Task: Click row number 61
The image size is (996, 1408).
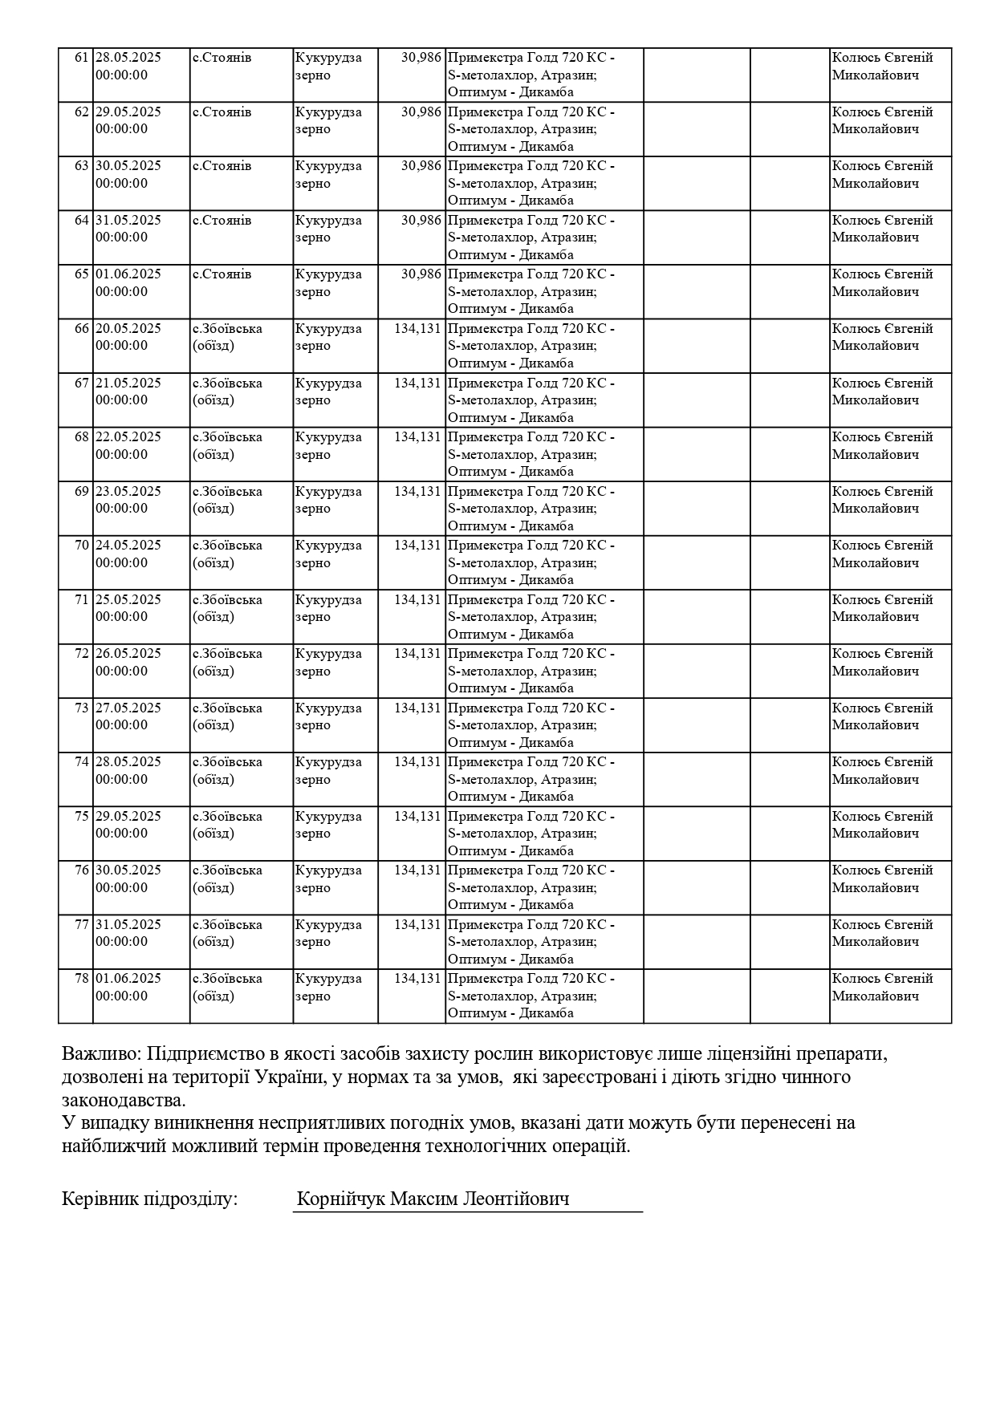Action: click(81, 58)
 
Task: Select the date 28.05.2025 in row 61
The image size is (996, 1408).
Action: click(128, 58)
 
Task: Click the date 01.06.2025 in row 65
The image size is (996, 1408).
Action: click(128, 274)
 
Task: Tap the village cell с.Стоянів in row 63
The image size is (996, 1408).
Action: click(222, 166)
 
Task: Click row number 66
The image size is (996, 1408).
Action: click(81, 329)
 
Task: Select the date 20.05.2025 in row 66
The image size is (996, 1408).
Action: click(128, 329)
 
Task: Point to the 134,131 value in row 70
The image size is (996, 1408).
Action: click(417, 546)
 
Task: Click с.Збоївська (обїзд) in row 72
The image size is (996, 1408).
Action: click(227, 662)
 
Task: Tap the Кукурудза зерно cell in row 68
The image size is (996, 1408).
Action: click(328, 445)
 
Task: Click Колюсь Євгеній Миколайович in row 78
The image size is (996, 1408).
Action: click(882, 987)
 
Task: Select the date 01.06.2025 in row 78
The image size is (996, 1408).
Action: click(128, 979)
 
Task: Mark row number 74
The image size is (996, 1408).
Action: click(81, 762)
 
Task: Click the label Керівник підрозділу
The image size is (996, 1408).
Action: click(149, 1200)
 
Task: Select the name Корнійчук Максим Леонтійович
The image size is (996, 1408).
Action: click(433, 1200)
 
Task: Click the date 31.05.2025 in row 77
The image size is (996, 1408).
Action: click(128, 925)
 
